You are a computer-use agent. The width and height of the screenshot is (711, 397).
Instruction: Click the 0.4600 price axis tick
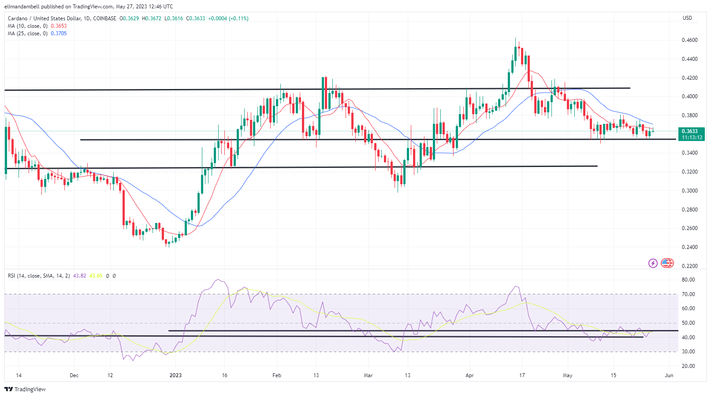pos(689,40)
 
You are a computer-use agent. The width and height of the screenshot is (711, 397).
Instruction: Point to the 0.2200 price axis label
pos(689,266)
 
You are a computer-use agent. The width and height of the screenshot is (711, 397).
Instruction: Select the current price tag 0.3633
pos(689,131)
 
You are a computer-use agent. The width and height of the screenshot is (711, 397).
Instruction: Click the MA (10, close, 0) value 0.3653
pos(59,26)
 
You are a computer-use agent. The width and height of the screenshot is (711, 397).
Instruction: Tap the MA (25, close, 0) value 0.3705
pos(59,33)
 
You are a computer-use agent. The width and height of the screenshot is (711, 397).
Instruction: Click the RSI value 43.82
pos(80,276)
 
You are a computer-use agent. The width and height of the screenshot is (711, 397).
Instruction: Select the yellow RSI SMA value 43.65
pos(96,276)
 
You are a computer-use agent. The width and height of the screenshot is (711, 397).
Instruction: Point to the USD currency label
pos(687,18)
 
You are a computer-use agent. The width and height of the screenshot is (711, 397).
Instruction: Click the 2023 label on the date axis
pos(175,375)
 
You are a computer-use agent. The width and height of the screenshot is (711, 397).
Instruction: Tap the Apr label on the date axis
pos(469,375)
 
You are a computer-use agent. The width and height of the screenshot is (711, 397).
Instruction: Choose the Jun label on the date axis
pos(669,375)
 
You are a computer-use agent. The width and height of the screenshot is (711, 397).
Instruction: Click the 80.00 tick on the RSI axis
pos(688,280)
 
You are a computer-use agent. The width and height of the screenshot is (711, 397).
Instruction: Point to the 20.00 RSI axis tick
pos(688,366)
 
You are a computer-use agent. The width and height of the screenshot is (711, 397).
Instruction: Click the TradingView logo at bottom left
pos(25,390)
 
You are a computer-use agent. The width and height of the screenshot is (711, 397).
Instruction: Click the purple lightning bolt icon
pos(653,263)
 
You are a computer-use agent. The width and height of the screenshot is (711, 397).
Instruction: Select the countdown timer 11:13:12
pos(692,137)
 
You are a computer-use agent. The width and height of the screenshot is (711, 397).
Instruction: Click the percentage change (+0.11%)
pos(238,19)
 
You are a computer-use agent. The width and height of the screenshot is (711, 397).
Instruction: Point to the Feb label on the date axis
pos(277,375)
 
